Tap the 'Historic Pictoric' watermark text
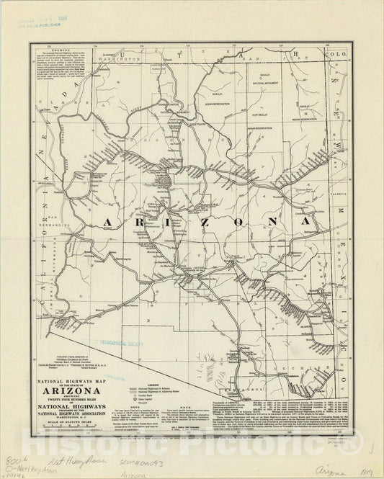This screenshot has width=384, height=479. pyautogui.click(x=216, y=455)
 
